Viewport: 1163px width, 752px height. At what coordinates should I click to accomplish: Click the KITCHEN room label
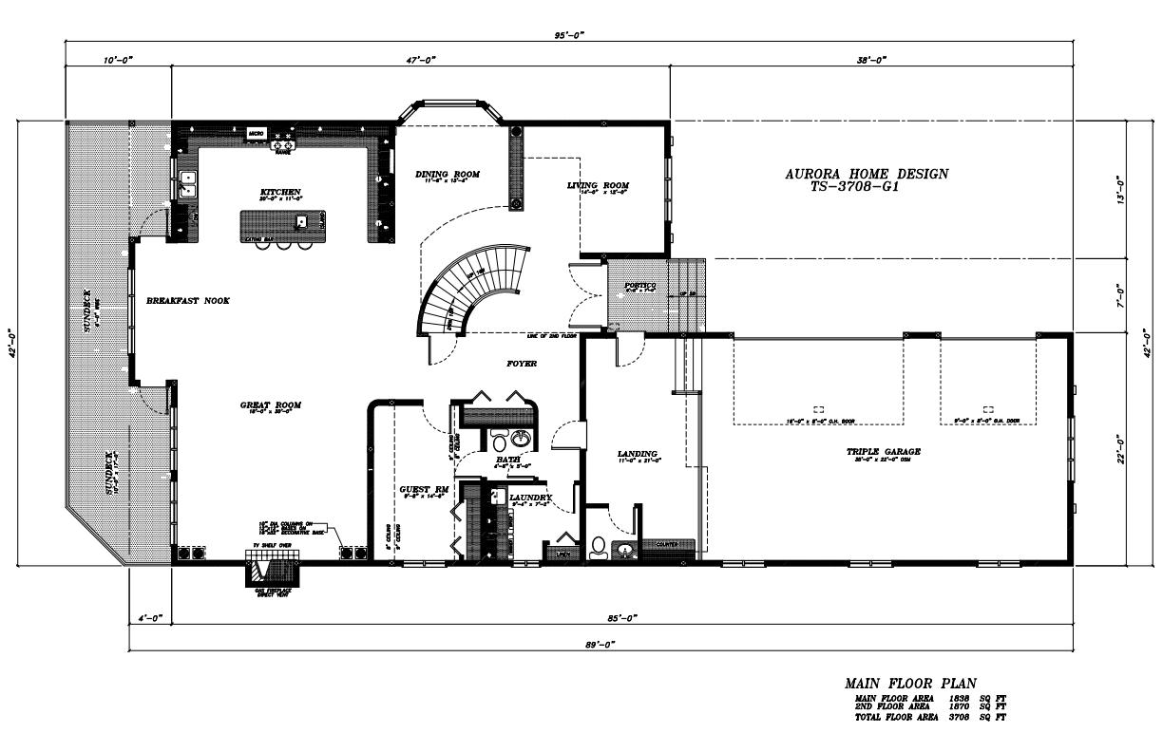280,192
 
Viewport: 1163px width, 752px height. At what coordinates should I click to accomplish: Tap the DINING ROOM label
448,175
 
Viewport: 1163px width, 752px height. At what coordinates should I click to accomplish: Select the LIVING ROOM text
598,185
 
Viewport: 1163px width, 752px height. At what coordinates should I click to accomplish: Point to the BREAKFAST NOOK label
188,301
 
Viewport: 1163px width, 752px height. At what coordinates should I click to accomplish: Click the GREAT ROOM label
270,405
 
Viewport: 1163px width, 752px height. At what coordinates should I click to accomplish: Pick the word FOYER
522,364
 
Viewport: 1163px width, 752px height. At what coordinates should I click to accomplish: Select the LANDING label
638,454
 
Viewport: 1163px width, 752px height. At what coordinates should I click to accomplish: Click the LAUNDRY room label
530,498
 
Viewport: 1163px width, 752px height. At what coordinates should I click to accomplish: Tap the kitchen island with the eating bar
283,225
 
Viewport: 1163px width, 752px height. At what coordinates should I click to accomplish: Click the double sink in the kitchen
187,183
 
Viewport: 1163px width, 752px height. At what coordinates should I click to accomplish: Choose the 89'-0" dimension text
597,645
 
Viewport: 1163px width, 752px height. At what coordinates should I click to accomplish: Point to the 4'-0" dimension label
148,619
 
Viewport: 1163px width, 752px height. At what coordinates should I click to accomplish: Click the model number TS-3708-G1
855,187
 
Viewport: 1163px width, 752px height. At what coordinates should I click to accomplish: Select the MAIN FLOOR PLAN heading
910,683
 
